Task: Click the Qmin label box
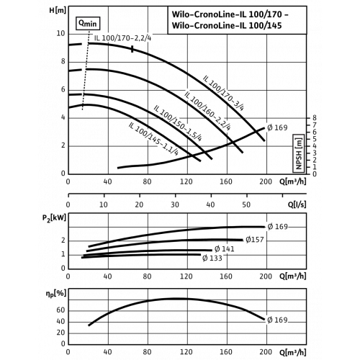point(88,23)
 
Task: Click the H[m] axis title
point(58,11)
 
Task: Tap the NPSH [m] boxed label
point(299,153)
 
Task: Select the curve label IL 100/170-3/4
point(223,93)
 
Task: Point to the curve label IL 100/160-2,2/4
point(207,111)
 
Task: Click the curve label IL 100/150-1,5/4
point(178,123)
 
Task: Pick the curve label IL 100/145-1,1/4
point(153,139)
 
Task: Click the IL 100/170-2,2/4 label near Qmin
point(122,38)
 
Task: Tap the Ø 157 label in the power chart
point(255,240)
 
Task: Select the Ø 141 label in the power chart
point(224,249)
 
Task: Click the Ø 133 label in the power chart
point(212,258)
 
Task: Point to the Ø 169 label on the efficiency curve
point(277,320)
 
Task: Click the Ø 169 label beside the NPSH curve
point(277,127)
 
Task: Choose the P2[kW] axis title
point(54,218)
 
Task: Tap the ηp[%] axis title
point(55,294)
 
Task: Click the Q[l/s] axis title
point(297,204)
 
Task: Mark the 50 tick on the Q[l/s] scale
point(246,204)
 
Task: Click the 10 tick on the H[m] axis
point(60,33)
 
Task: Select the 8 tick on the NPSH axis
point(315,118)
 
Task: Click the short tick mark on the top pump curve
point(132,49)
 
